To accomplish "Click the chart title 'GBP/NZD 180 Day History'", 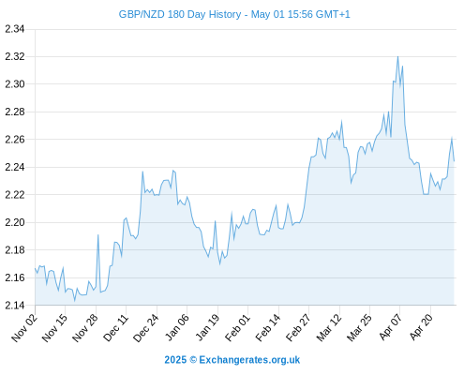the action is [180, 14].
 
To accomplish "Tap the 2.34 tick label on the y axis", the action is [15, 29].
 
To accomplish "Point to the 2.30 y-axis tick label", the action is [15, 84].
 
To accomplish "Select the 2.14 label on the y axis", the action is [15, 305].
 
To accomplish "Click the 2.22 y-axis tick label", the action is [15, 195].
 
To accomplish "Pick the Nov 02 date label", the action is [24, 327].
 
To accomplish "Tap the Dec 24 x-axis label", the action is [146, 327].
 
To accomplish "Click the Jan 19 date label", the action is [207, 327].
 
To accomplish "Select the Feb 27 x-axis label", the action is [298, 327].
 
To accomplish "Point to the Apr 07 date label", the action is [390, 327].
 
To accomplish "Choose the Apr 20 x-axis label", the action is [421, 327].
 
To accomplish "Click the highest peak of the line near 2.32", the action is [397, 56].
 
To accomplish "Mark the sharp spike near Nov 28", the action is [97, 234].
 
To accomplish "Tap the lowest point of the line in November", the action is [74, 301].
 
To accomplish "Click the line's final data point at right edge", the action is [454, 161].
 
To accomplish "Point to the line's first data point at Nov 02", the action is [35, 268].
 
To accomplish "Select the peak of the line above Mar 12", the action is [341, 121].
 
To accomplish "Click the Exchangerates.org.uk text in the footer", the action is [249, 360].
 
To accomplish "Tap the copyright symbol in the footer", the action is [193, 360].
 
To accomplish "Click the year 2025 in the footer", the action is [175, 360].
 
